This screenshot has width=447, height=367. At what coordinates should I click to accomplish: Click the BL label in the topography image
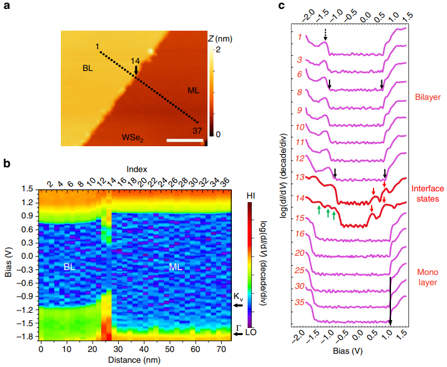click(88, 69)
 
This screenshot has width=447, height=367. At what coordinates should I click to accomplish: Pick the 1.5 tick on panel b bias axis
click(27, 188)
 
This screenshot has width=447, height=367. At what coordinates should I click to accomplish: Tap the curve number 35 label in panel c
click(299, 302)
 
